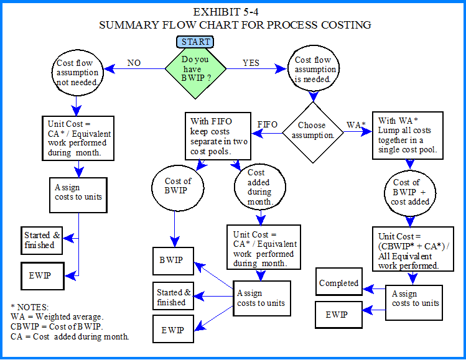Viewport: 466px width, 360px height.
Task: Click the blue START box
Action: tap(196, 42)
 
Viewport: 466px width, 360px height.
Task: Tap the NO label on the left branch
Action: tap(134, 63)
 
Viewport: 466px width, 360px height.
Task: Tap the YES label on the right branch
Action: tap(251, 63)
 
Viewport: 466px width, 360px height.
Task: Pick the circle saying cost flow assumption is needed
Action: tap(314, 70)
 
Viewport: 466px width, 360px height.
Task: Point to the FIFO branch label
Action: tap(268, 124)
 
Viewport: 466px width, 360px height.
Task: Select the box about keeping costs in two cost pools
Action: tap(217, 137)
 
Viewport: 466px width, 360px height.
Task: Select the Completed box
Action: tap(339, 284)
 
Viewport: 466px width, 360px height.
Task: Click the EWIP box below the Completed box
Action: tap(337, 315)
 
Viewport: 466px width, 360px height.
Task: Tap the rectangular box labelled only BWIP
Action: tap(171, 260)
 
